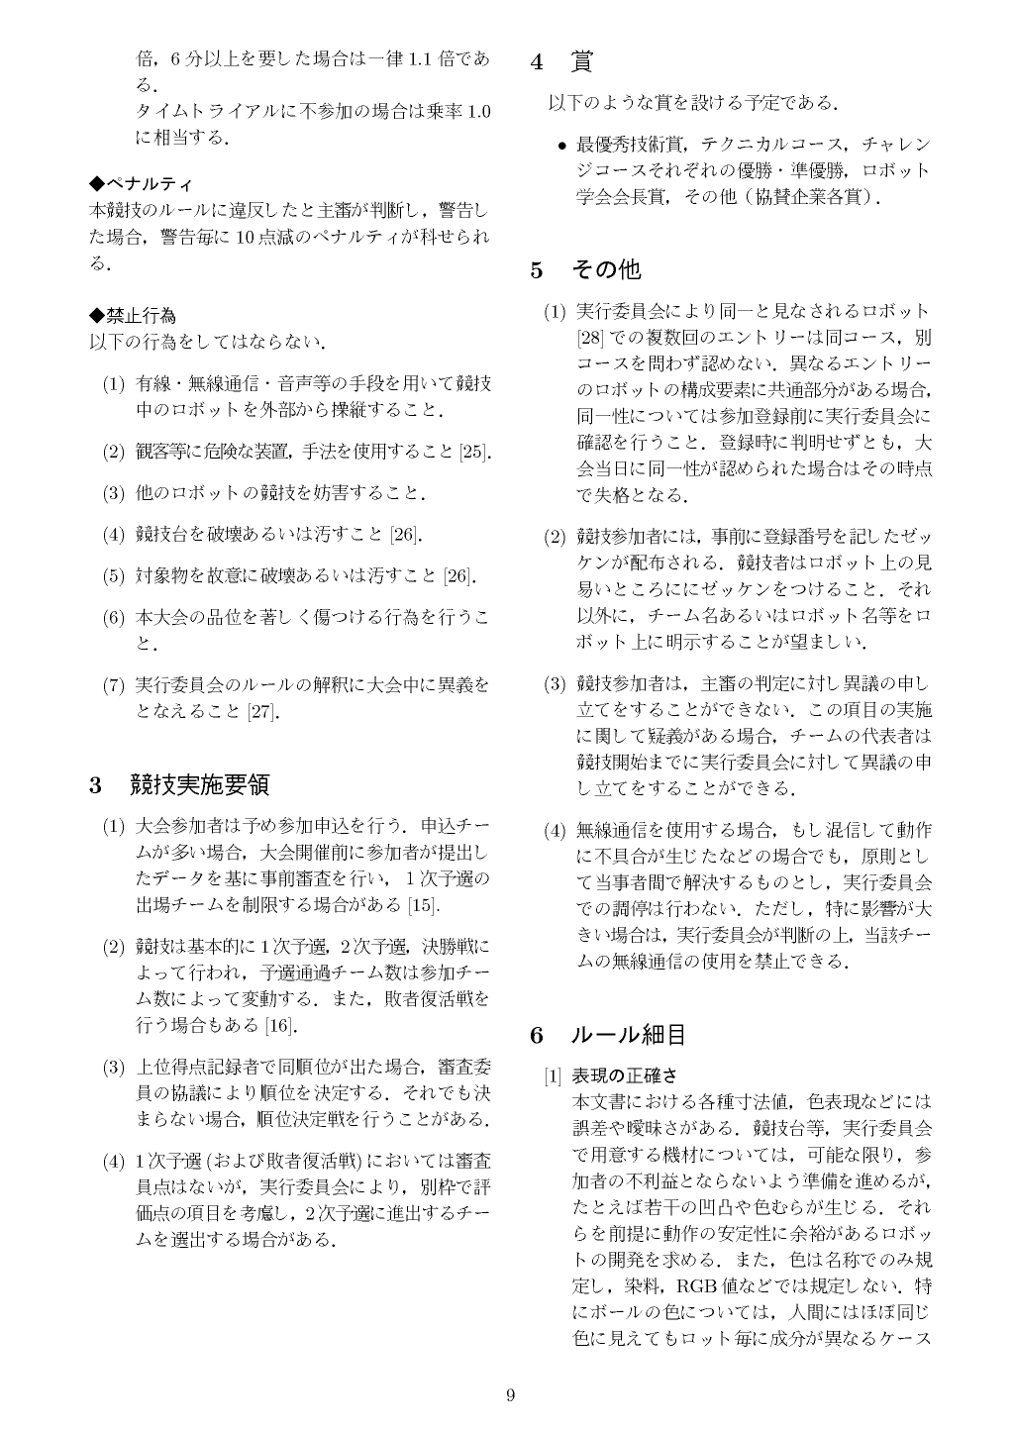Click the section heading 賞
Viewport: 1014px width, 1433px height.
(581, 62)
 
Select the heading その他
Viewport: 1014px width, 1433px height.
(606, 269)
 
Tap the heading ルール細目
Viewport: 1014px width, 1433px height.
(629, 1036)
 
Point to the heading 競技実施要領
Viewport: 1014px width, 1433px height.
(200, 786)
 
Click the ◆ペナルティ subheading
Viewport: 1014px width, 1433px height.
(142, 184)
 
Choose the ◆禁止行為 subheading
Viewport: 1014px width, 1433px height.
(134, 316)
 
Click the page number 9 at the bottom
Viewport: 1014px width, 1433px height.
(510, 1396)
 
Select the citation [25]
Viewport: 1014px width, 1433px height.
(475, 453)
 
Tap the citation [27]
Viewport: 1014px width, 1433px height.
(262, 711)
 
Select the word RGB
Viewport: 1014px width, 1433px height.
(697, 1287)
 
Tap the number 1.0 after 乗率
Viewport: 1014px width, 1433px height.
(478, 111)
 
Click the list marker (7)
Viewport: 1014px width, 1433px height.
(114, 685)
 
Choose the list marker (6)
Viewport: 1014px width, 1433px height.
(114, 618)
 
